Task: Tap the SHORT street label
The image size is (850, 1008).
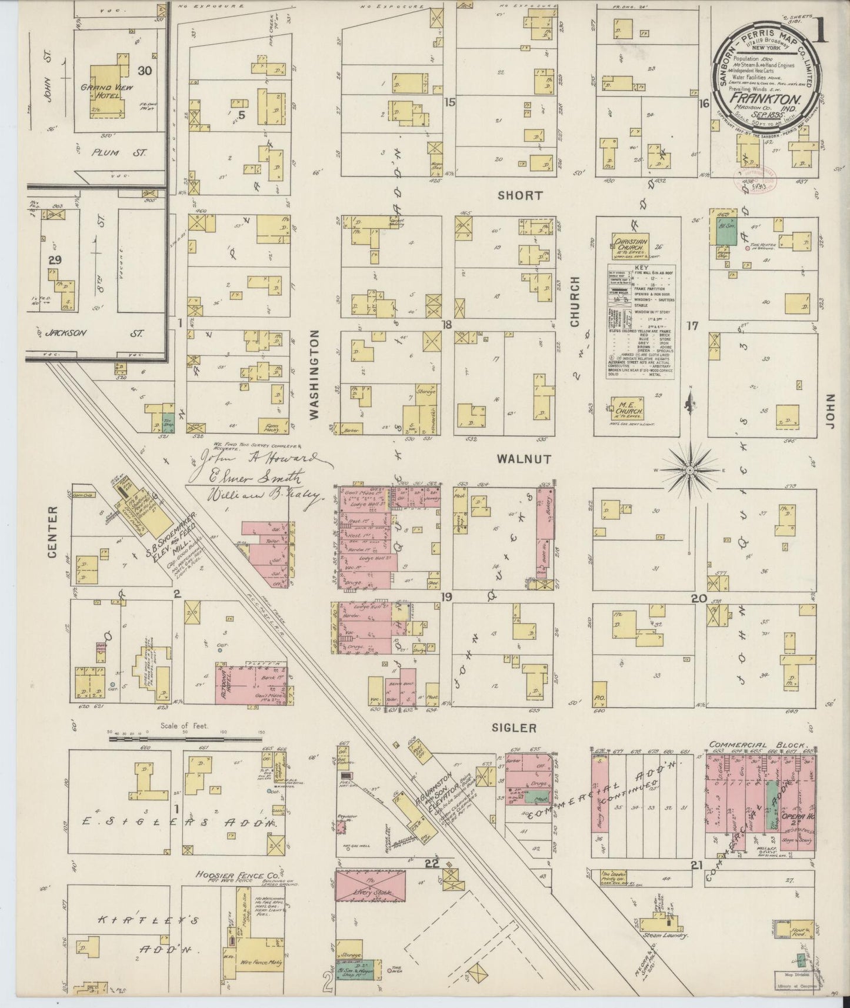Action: (519, 195)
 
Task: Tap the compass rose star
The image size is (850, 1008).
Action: (689, 470)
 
